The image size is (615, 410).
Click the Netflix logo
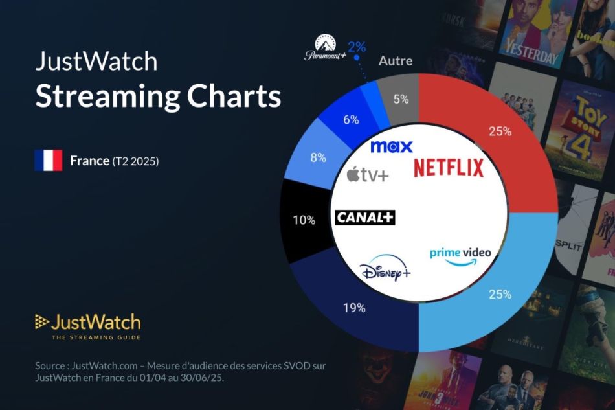[449, 168]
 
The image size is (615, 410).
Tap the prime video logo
[461, 255]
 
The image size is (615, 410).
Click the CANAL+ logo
[364, 218]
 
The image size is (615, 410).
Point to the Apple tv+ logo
[368, 174]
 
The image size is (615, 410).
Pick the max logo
[391, 147]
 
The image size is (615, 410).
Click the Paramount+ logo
[322, 49]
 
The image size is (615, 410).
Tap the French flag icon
[49, 161]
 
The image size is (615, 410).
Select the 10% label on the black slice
[304, 220]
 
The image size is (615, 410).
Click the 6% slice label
[351, 120]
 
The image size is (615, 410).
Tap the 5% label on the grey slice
[401, 100]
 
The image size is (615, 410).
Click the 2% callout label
[356, 46]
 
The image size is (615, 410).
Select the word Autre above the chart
[395, 62]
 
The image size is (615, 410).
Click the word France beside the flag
[89, 161]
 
